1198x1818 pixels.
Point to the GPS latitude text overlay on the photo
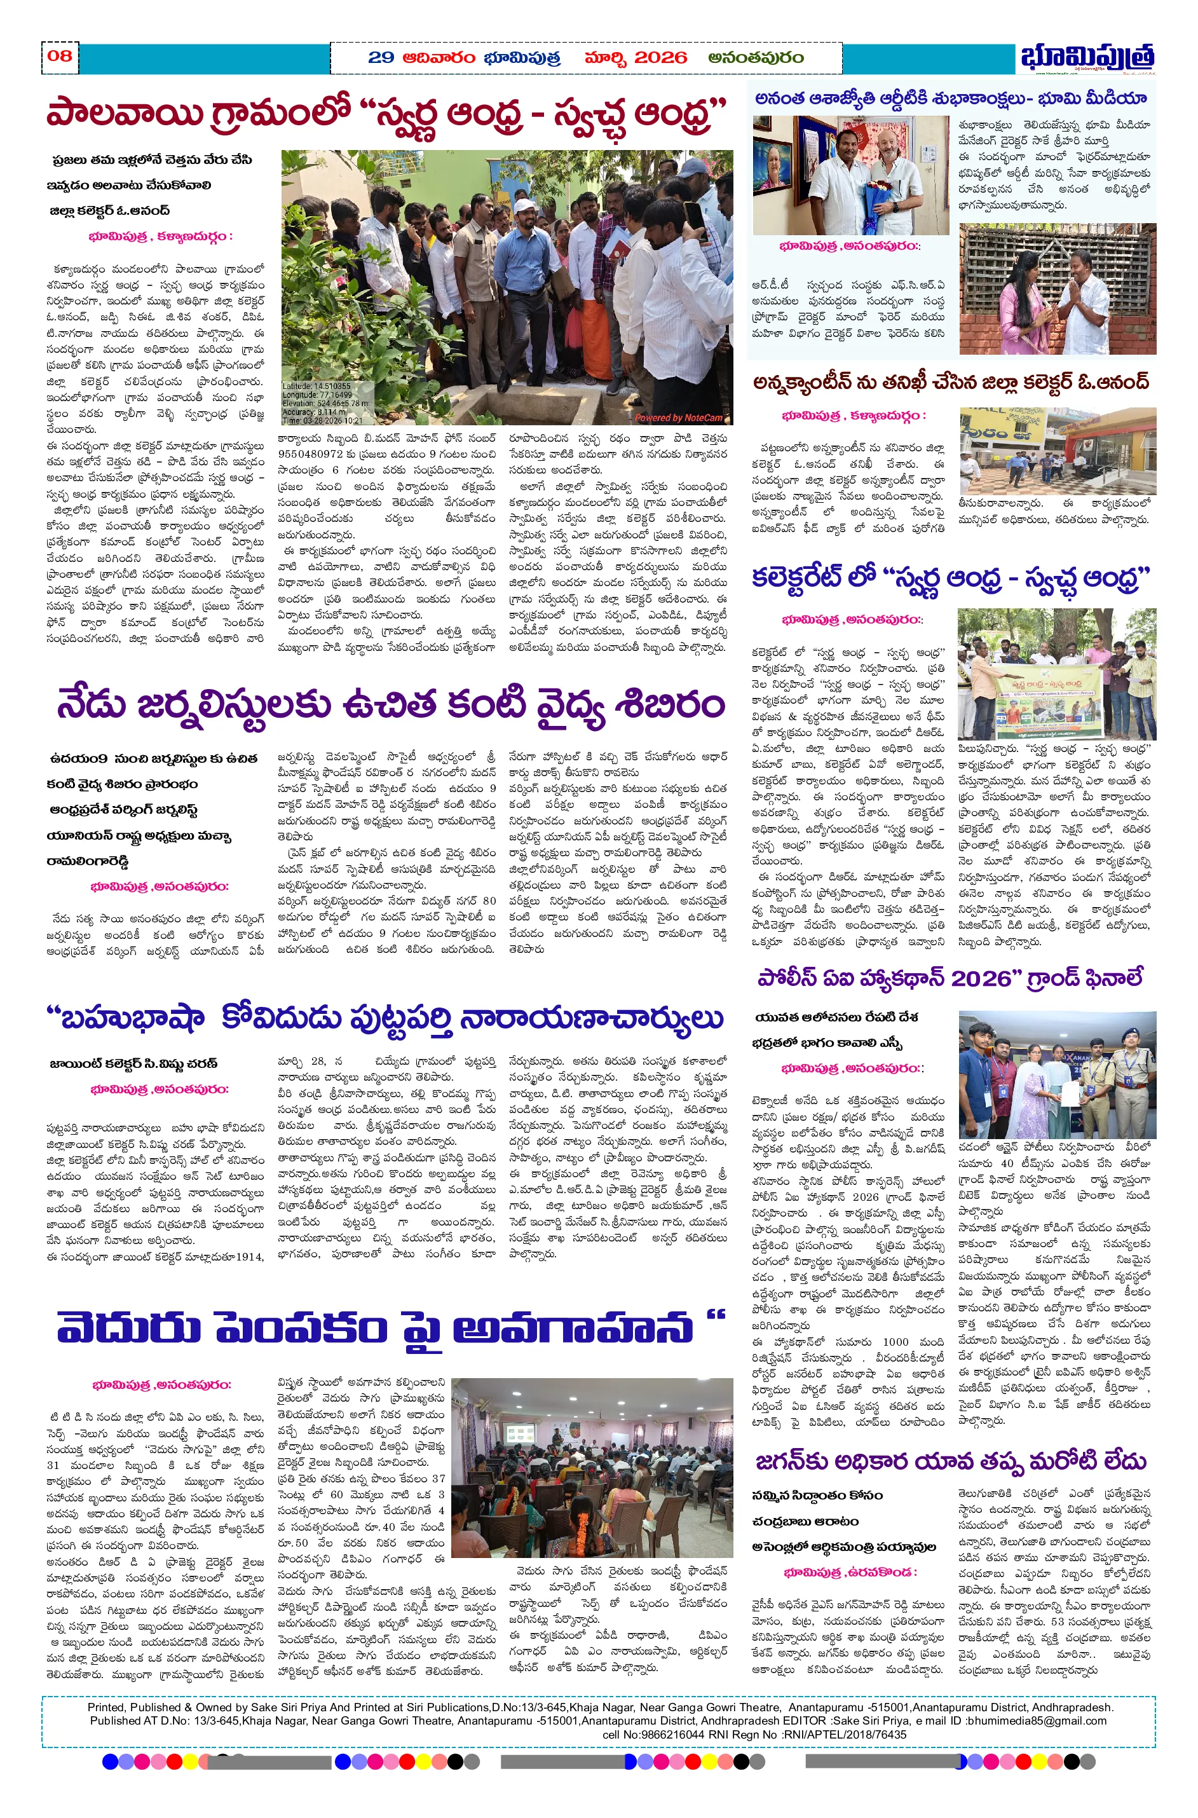pyautogui.click(x=317, y=386)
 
